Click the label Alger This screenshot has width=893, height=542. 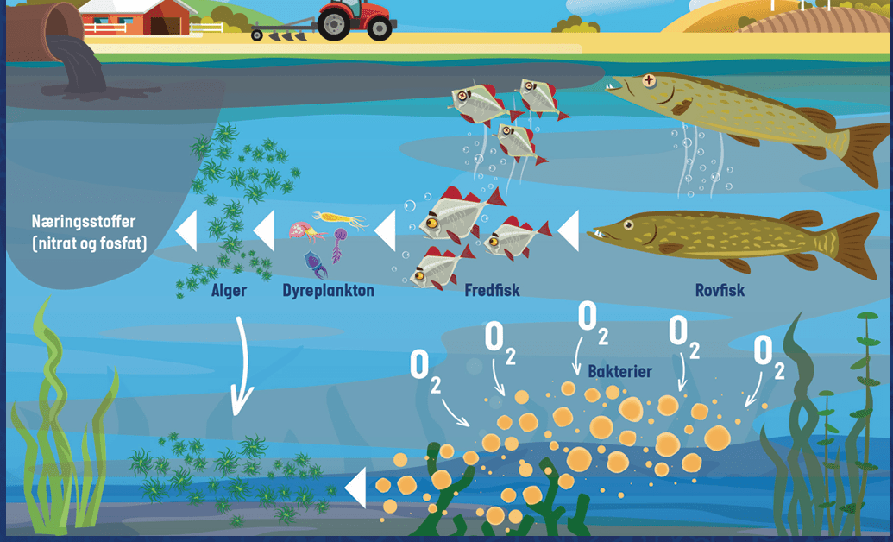(229, 291)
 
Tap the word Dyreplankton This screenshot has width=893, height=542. (329, 291)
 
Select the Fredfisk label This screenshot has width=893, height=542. (492, 291)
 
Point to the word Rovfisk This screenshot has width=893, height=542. (720, 291)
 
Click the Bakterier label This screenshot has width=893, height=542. (620, 372)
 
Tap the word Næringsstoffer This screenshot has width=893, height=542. (84, 221)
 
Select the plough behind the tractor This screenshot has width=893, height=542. (283, 31)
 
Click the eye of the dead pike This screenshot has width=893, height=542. (649, 80)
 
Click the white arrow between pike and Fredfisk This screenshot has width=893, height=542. (569, 230)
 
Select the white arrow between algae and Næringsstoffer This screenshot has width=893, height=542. (187, 230)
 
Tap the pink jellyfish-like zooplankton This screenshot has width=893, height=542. (301, 230)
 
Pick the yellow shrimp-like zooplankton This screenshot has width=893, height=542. (339, 219)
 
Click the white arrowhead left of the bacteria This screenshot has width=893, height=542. (355, 488)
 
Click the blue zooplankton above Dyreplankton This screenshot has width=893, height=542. (314, 264)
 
